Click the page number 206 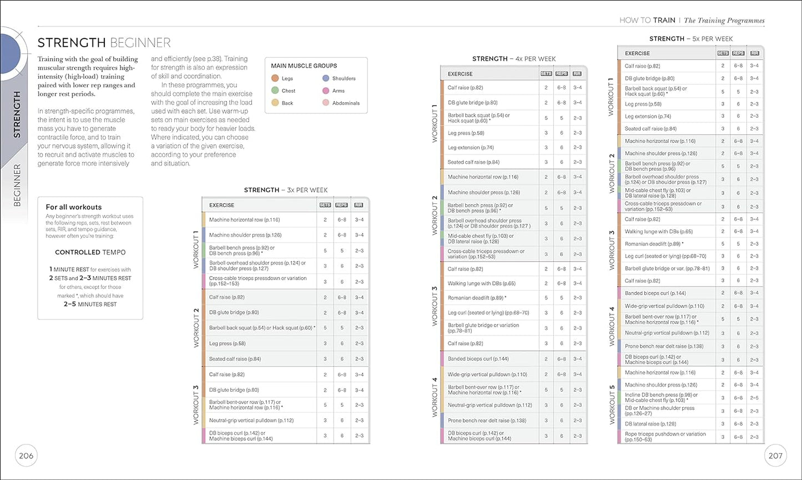[x=26, y=456]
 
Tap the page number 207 [x=775, y=456]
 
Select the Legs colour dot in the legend [x=275, y=79]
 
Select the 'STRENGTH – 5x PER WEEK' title [x=690, y=39]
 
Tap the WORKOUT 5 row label [x=612, y=404]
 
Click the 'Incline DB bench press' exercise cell [x=661, y=398]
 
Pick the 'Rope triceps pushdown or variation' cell [x=665, y=437]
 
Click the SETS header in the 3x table [x=325, y=206]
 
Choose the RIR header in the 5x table [x=754, y=53]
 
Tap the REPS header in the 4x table [x=562, y=73]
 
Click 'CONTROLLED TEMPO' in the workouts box [x=90, y=252]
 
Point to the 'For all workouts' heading [x=74, y=207]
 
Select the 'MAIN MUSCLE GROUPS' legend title [x=304, y=66]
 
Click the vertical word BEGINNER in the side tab [x=17, y=185]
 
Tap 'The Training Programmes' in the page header [x=724, y=21]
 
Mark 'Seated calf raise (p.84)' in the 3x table [x=235, y=359]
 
